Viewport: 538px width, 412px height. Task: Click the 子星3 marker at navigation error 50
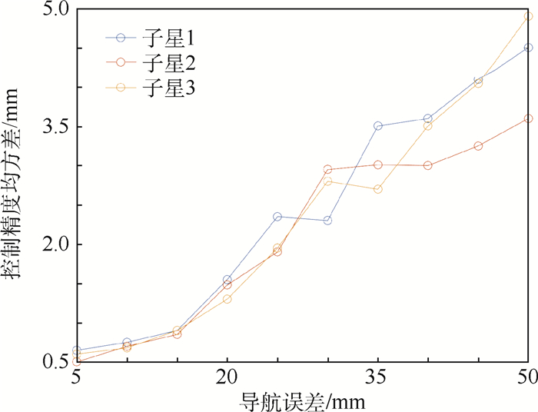pyautogui.click(x=528, y=16)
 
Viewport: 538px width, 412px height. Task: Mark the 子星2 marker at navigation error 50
pyautogui.click(x=528, y=118)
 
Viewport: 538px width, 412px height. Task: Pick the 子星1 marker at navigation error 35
pyautogui.click(x=377, y=125)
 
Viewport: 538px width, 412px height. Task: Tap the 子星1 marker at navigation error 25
pyautogui.click(x=277, y=217)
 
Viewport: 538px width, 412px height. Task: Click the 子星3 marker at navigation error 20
pyautogui.click(x=227, y=298)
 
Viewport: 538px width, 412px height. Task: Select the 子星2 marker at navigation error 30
pyautogui.click(x=327, y=169)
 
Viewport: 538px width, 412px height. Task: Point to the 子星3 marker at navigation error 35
pyautogui.click(x=377, y=189)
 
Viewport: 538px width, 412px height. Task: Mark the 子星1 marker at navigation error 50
pyautogui.click(x=528, y=48)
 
